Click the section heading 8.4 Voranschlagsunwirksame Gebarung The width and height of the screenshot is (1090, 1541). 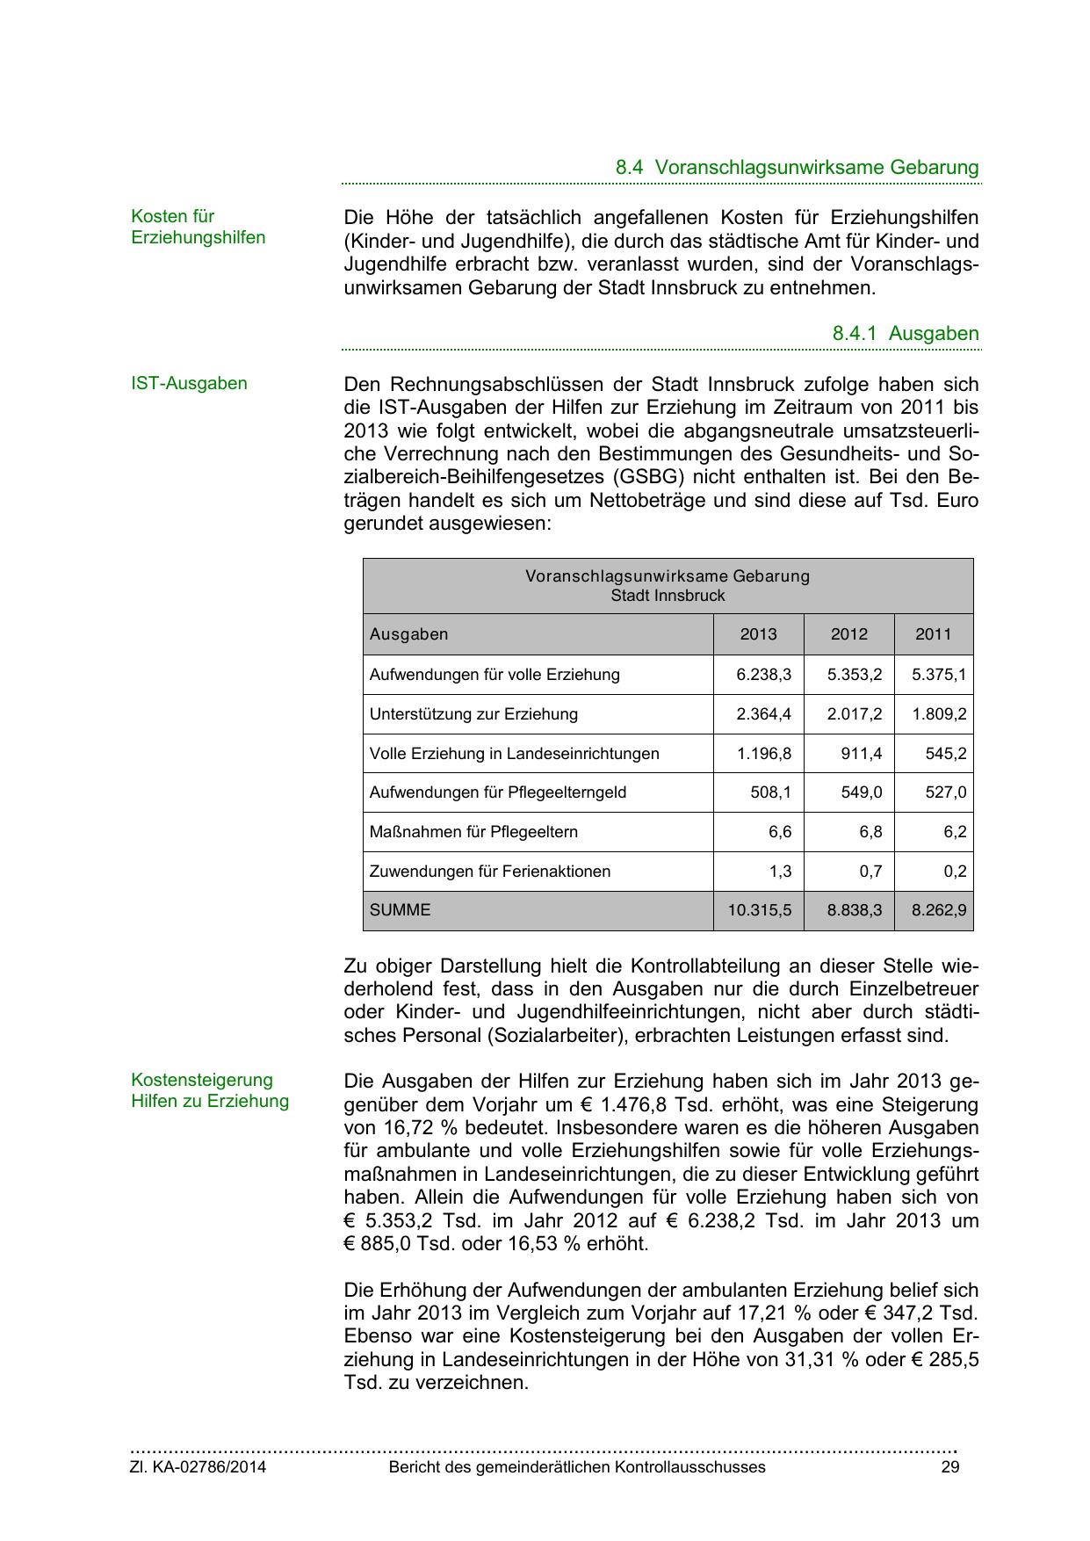pos(797,167)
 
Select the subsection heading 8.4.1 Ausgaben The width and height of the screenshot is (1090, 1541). pos(905,334)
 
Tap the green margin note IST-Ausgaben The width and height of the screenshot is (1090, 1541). pos(189,383)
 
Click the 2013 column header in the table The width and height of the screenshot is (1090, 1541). pos(758,634)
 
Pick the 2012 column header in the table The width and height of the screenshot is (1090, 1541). pos(848,634)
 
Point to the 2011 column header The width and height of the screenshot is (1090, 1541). pos(933,634)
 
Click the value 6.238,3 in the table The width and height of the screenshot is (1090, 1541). pos(763,675)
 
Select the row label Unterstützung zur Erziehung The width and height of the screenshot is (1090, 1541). pos(473,714)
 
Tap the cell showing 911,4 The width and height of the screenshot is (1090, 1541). pos(861,754)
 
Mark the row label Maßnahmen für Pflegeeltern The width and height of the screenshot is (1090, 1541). pos(473,832)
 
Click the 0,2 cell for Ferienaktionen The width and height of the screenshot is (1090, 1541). pos(955,872)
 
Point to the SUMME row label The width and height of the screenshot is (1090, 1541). pos(401,910)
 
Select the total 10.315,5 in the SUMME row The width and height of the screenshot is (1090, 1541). pos(759,910)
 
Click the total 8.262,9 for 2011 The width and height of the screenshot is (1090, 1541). pos(938,910)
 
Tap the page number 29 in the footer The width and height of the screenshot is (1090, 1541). pos(949,1467)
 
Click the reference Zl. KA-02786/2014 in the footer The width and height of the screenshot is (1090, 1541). pos(199,1467)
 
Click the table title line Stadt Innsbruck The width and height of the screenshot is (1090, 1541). pos(668,596)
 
